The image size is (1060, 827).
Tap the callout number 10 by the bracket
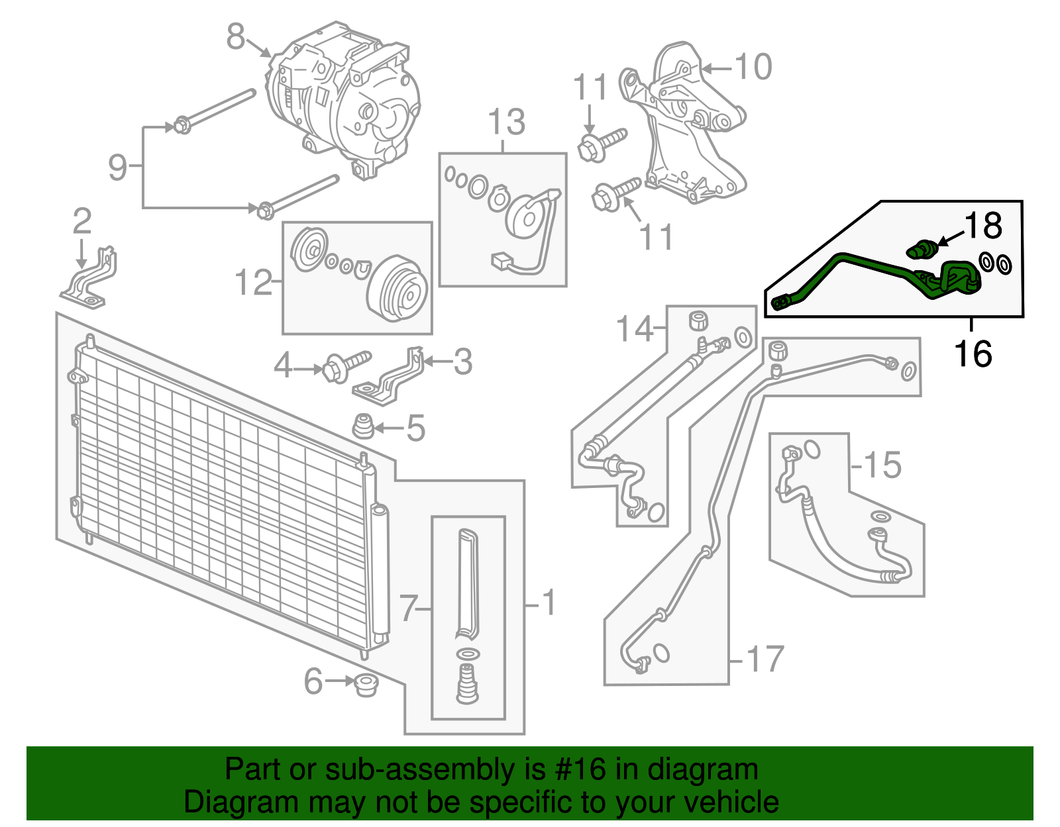753,67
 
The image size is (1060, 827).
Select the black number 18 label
983,226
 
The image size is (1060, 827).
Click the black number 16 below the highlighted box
973,354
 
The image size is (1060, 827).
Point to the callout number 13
506,122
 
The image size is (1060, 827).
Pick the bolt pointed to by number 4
344,365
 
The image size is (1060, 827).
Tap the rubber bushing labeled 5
363,426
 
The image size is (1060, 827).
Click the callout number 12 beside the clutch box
254,283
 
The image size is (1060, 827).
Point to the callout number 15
882,465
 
